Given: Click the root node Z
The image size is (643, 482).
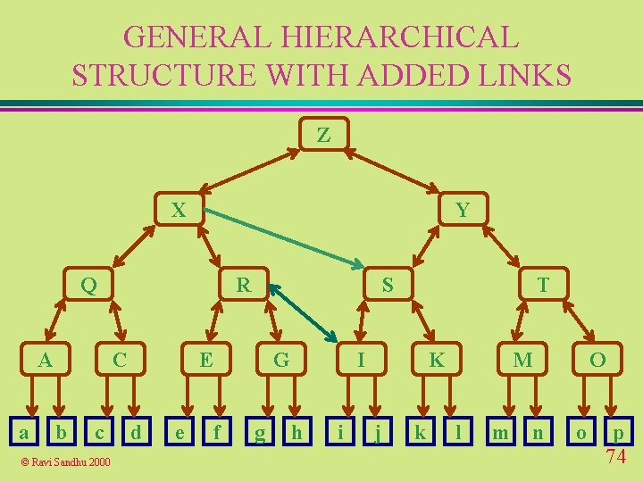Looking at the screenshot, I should tap(323, 136).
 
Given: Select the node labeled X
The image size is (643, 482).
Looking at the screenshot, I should tap(179, 211).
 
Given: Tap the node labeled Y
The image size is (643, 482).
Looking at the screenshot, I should tap(462, 211).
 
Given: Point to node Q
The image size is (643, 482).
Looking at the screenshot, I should tap(88, 286).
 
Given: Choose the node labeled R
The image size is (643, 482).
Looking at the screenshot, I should tap(243, 286).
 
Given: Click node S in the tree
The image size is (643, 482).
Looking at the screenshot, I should tap(387, 286).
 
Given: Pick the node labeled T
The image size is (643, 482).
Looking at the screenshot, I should tap(542, 286).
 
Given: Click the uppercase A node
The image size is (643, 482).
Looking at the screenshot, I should tap(44, 360).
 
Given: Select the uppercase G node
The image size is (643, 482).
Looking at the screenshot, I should tap(281, 360).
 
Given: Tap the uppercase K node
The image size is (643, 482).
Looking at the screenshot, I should tap(436, 360).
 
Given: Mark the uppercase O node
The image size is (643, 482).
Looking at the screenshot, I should tap(597, 360).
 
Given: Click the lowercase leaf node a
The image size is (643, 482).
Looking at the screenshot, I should tap(24, 433).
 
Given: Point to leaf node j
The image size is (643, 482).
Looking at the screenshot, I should tap(379, 434).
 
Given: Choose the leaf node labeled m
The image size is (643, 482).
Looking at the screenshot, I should tap(501, 433).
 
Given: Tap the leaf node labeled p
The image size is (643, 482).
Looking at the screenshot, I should tap(618, 433).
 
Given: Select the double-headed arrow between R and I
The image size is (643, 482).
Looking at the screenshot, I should tap(303, 313).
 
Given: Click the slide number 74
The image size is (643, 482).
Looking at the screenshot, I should tap(615, 457).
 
